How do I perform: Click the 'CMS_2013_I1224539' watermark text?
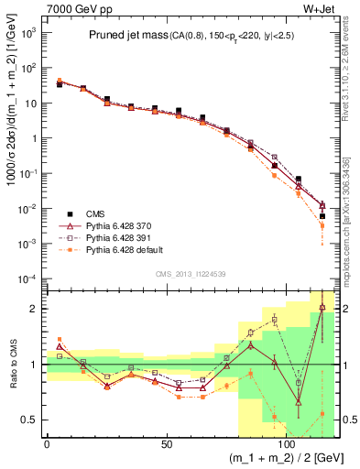point(190,274)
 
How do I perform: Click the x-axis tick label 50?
point(166,443)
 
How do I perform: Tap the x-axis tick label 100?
point(286,443)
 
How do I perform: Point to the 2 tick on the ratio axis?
point(35,309)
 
